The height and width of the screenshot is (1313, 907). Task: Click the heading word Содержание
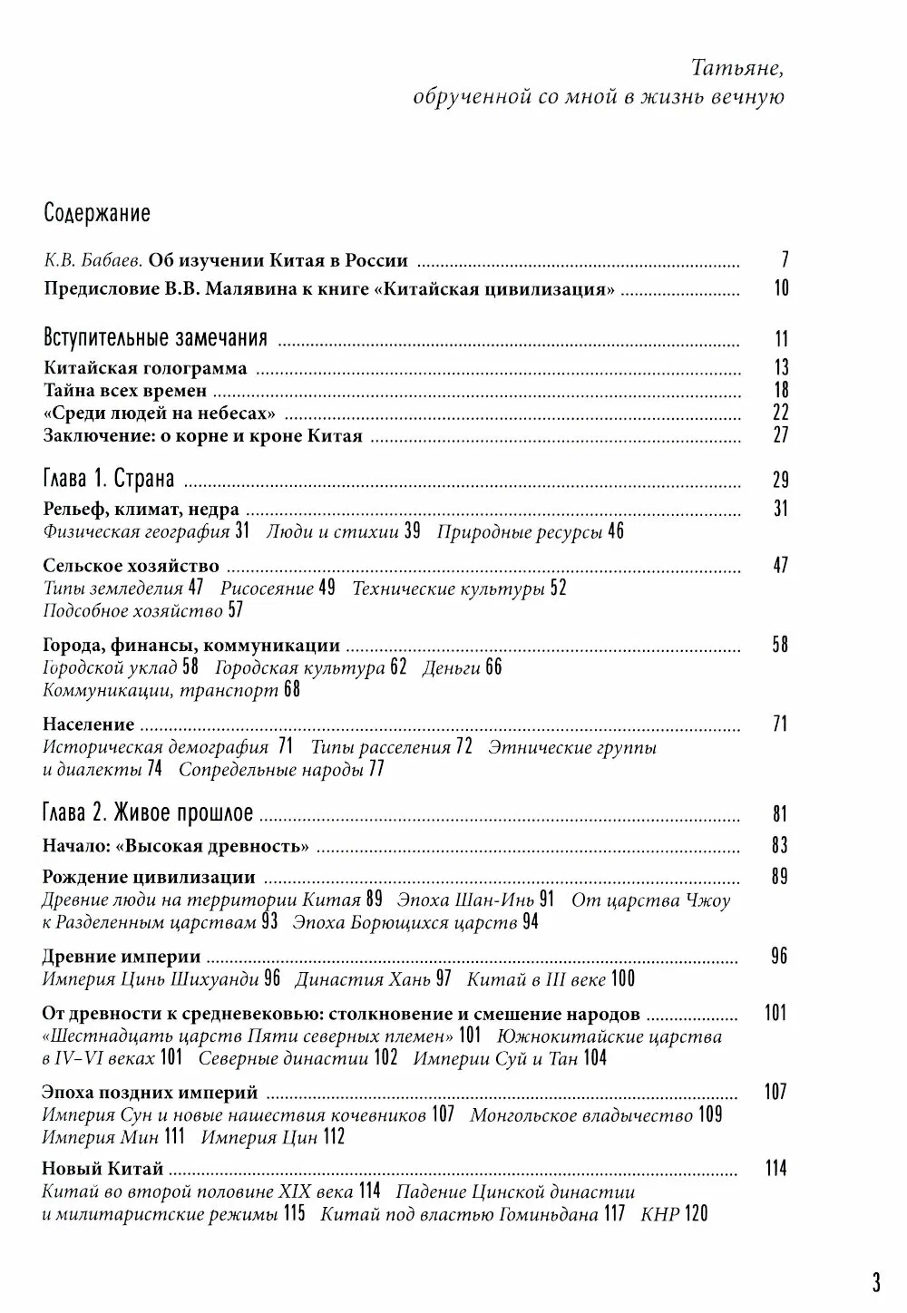[97, 214]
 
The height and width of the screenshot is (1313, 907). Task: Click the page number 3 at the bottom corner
[876, 1282]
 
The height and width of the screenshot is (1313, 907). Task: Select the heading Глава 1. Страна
[109, 480]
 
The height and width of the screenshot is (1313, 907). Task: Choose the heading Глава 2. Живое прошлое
[148, 813]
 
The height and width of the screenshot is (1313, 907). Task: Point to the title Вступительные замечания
[155, 339]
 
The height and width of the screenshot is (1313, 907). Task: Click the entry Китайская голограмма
[145, 368]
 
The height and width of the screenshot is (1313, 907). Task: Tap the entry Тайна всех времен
[125, 391]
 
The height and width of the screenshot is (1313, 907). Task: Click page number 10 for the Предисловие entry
[781, 288]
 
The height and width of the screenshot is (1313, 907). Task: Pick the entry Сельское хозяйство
[132, 565]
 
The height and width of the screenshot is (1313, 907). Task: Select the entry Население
[89, 725]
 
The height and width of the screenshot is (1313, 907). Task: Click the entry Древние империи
[122, 957]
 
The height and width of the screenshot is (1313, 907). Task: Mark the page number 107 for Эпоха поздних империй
[775, 1092]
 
